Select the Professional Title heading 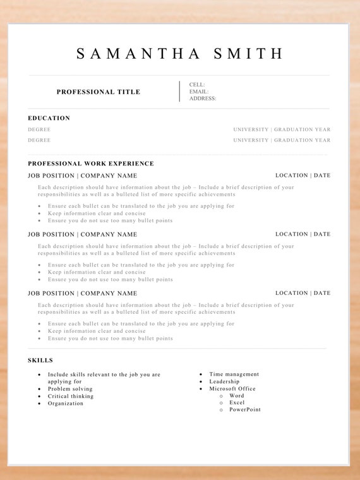pos(99,92)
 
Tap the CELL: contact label pos(197,85)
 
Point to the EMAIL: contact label pos(199,92)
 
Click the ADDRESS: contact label pos(203,99)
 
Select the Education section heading pos(49,118)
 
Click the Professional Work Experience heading pos(91,164)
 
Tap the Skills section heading pos(40,361)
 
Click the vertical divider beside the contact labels pos(179,91)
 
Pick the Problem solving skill pos(70,389)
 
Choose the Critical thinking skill pos(71,396)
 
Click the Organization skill pos(66,403)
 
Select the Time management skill pos(234,375)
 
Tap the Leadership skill pos(224,381)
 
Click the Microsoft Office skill pos(232,388)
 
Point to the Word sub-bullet pos(237,396)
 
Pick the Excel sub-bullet pos(237,403)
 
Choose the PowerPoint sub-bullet pos(245,410)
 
